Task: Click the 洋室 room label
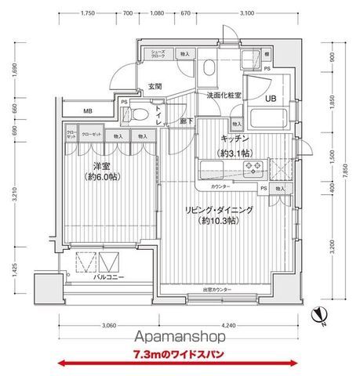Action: (x=101, y=166)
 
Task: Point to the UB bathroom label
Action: (x=269, y=99)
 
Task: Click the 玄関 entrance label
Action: (x=154, y=86)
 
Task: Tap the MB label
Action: (x=88, y=111)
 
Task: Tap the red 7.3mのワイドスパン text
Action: (x=180, y=363)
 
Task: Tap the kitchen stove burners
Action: (x=254, y=167)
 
